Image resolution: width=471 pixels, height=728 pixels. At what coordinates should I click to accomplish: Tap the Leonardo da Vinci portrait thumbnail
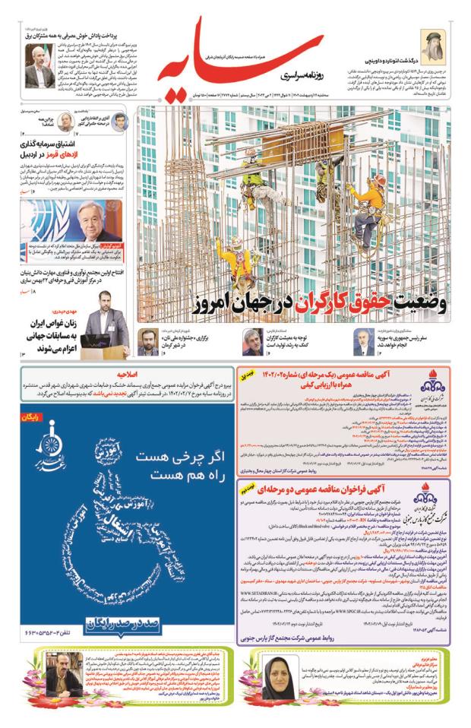435,48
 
